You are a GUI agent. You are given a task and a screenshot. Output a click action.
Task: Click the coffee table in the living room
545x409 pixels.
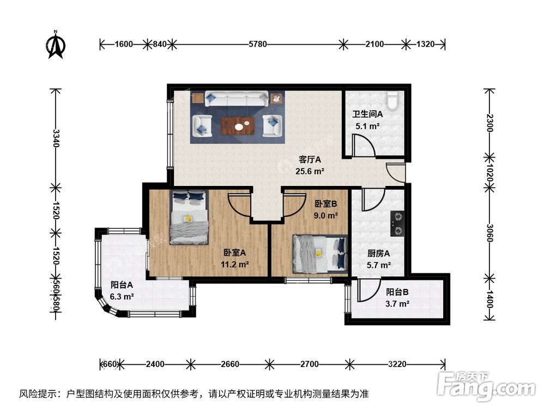point(238,126)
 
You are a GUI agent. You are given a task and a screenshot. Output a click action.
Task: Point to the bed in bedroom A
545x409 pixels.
point(189,217)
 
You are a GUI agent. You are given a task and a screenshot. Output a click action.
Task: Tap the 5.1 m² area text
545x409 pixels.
point(367,126)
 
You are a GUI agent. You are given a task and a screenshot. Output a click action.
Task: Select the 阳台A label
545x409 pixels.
point(122,285)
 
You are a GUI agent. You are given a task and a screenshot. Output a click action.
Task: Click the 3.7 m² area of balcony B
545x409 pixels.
point(397,304)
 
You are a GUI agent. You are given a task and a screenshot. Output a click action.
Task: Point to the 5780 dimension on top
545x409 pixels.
point(257,44)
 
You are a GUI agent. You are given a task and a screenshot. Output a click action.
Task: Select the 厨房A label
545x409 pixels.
point(378,254)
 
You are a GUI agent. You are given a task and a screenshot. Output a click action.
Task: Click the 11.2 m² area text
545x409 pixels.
point(235,264)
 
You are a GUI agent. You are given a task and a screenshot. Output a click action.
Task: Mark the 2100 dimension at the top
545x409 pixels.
point(374,44)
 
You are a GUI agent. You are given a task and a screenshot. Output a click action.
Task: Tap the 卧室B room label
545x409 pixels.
point(326,203)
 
